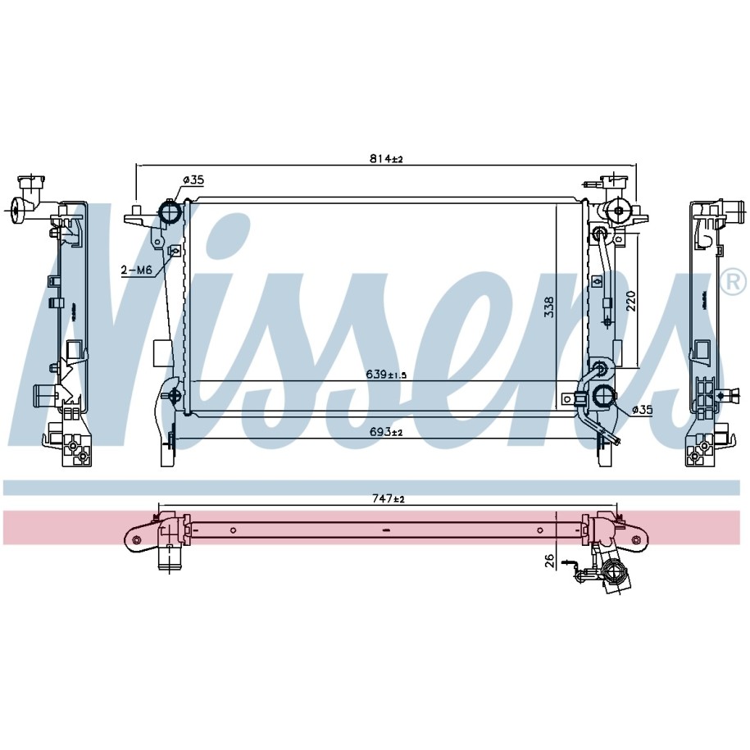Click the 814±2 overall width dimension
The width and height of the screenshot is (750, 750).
point(386,159)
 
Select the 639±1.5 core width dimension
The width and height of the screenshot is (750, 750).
point(386,375)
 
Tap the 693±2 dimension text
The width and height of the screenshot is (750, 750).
point(386,432)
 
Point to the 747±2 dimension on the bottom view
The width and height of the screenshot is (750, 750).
point(389,499)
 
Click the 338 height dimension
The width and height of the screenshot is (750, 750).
point(548,307)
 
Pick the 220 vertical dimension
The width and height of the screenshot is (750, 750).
point(631,301)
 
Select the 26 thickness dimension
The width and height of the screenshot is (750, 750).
point(549,561)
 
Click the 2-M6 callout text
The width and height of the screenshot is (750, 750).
point(136,270)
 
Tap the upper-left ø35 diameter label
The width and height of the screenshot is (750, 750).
point(193,180)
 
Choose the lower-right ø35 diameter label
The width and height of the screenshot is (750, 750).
point(642,410)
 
